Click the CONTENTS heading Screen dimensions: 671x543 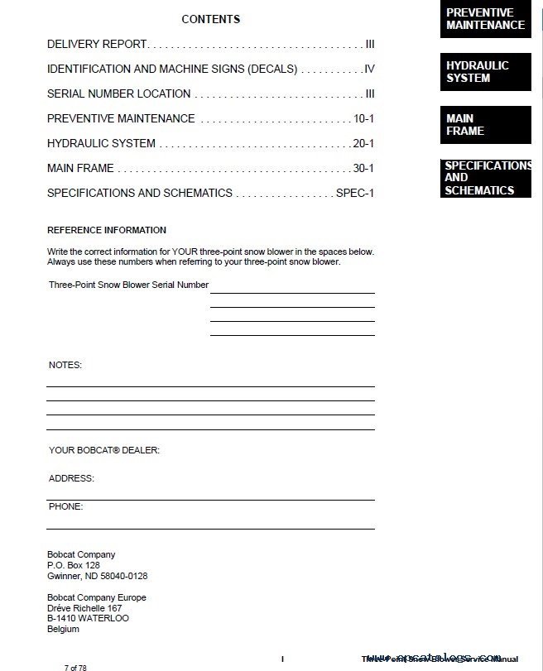(210, 19)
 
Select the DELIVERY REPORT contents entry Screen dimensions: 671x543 (97, 44)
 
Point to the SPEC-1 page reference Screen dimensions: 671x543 (355, 193)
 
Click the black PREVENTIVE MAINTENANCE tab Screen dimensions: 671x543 (485, 19)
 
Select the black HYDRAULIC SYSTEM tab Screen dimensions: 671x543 (485, 72)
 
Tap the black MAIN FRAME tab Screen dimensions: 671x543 (485, 125)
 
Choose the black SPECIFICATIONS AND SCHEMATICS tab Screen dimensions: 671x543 (485, 178)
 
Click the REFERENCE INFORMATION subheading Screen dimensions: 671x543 (107, 230)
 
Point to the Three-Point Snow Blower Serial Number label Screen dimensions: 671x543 (128, 285)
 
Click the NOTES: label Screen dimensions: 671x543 (65, 365)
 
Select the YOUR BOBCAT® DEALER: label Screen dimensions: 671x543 (104, 451)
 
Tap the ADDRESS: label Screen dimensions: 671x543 (71, 478)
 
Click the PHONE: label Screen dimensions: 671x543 (66, 506)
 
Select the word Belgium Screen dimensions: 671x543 (64, 629)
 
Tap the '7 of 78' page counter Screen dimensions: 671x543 (75, 666)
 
